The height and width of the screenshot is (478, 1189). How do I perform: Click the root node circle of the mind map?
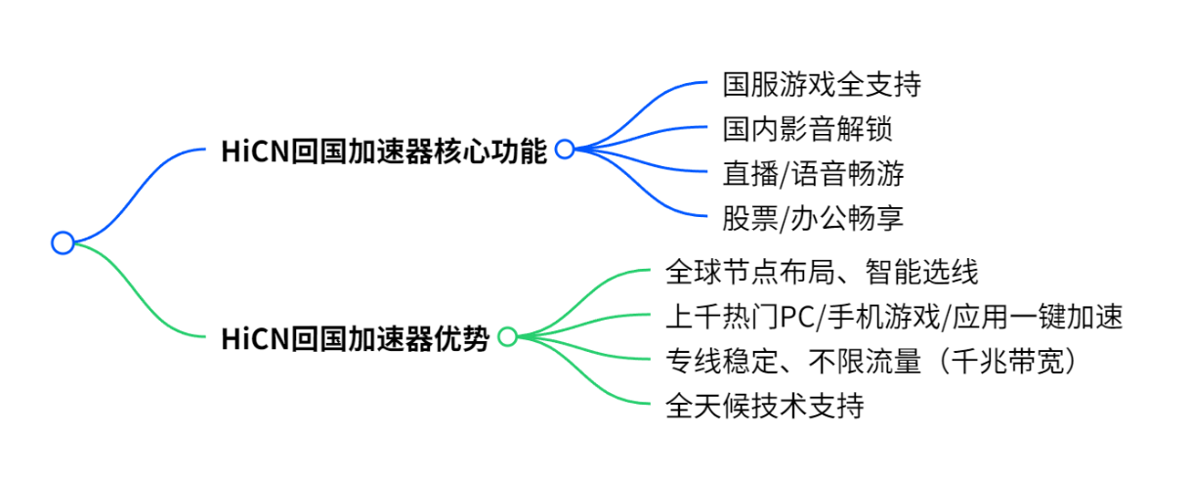click(63, 242)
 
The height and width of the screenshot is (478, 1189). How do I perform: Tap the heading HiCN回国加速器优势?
click(356, 338)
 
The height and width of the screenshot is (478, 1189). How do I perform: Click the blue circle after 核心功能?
click(564, 149)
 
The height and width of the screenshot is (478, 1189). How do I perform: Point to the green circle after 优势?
click(507, 337)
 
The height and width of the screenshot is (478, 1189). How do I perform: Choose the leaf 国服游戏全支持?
click(822, 84)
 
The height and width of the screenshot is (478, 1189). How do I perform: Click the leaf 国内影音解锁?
click(807, 129)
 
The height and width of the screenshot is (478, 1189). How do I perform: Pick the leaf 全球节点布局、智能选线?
click(821, 271)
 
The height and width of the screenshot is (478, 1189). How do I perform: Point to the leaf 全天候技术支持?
click(764, 405)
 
